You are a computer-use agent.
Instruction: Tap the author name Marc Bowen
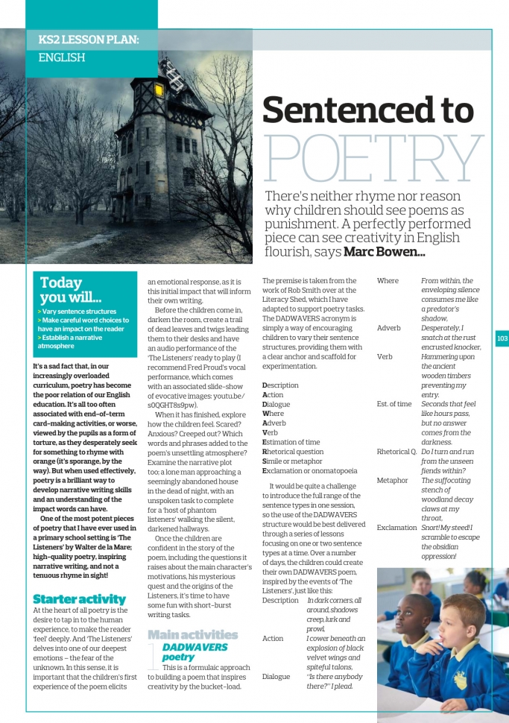(x=383, y=252)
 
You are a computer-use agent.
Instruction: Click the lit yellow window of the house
(x=159, y=90)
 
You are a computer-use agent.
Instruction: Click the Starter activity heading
(x=79, y=599)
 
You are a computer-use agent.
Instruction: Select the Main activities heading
(x=193, y=634)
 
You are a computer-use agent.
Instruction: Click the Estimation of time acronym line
(x=291, y=442)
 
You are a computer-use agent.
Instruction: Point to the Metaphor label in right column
(x=392, y=481)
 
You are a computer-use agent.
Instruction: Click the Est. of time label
(x=394, y=404)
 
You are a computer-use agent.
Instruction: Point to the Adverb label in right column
(x=389, y=328)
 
